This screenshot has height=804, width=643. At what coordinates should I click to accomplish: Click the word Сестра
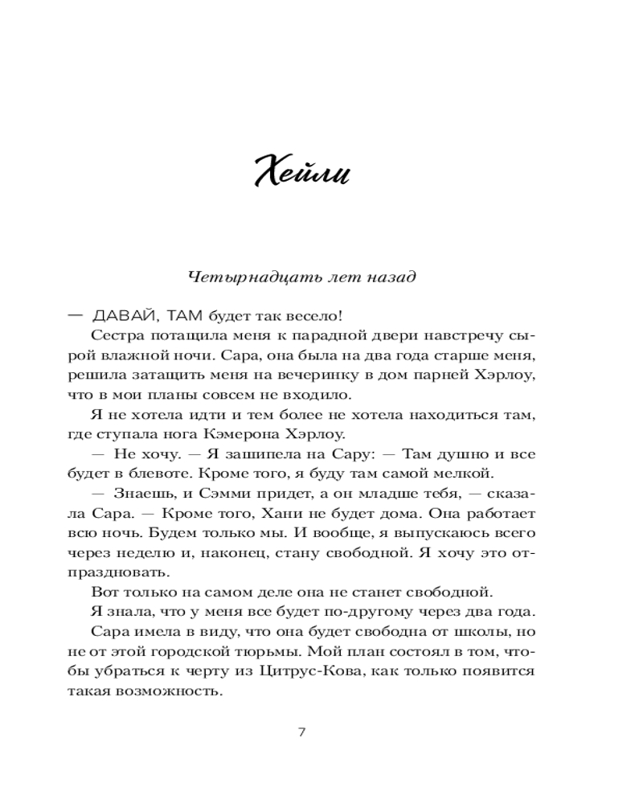117,335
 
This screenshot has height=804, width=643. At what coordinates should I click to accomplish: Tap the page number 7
301,732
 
